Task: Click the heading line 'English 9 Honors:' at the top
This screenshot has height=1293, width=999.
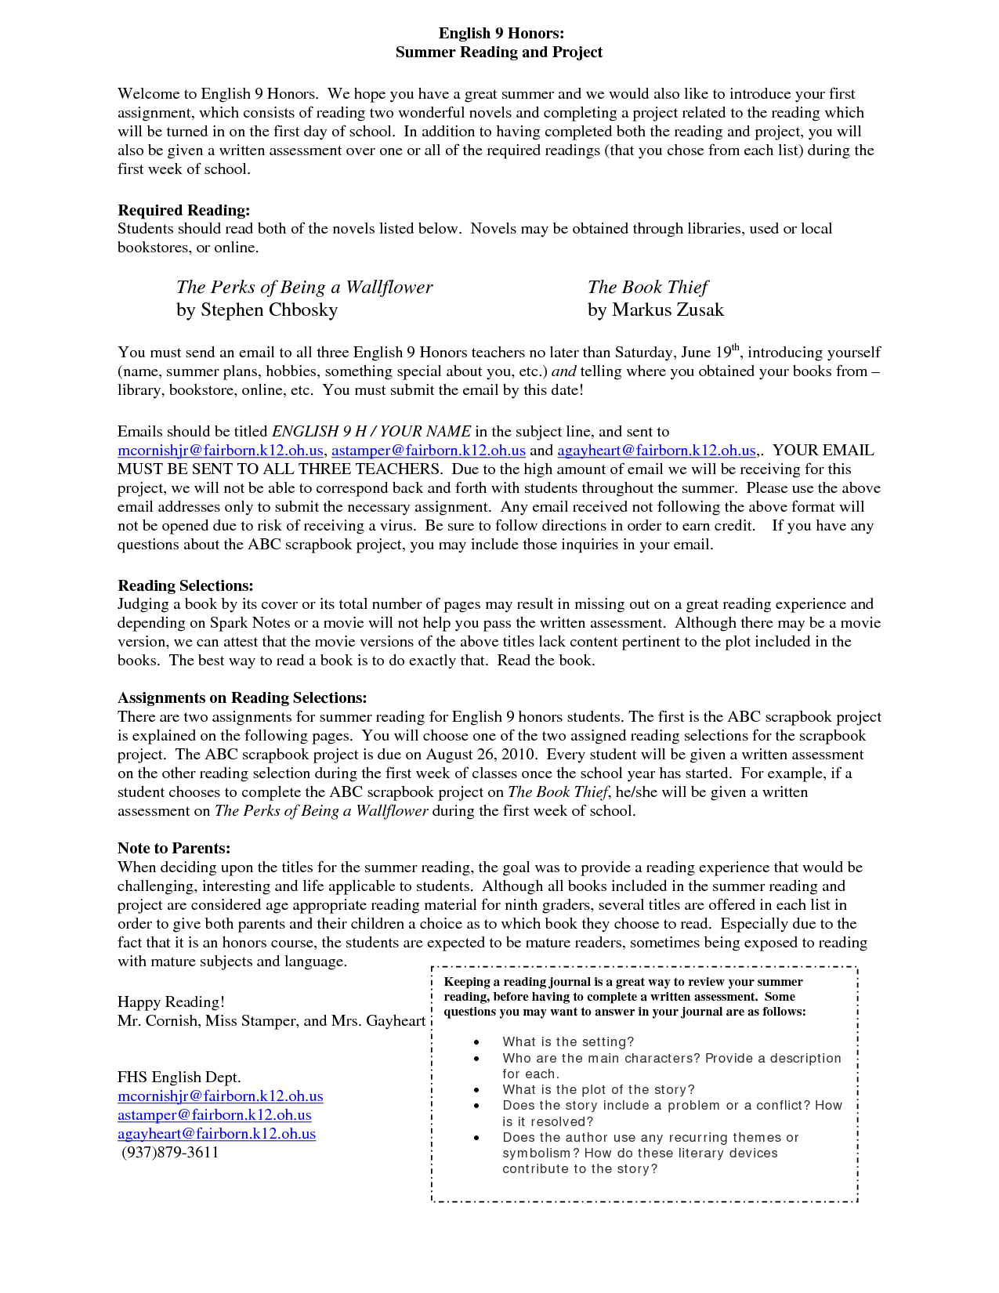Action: [501, 33]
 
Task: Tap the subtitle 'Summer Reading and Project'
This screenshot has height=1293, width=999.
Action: [499, 52]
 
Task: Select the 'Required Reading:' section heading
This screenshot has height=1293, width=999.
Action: [184, 210]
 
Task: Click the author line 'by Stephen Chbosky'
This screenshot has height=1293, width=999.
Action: [257, 310]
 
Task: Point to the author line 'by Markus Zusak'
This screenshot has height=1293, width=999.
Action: [656, 310]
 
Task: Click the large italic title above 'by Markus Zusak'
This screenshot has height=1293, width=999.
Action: [647, 287]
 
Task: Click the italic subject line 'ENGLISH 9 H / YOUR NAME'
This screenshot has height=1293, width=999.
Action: [371, 431]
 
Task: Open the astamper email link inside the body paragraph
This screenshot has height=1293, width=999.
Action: [429, 450]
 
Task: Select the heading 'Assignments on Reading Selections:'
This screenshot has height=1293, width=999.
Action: [242, 697]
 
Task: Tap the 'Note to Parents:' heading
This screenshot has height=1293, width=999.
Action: [174, 848]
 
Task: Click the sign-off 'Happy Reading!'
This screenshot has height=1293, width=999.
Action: [171, 1001]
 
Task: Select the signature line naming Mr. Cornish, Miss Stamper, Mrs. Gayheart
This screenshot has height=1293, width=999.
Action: [271, 1020]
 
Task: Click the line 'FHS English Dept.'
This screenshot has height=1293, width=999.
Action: [179, 1077]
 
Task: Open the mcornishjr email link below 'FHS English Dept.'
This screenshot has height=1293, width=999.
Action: [220, 1096]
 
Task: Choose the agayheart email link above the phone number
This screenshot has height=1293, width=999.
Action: [216, 1133]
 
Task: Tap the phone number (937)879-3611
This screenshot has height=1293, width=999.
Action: [170, 1152]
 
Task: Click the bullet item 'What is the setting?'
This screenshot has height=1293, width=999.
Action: [568, 1041]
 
